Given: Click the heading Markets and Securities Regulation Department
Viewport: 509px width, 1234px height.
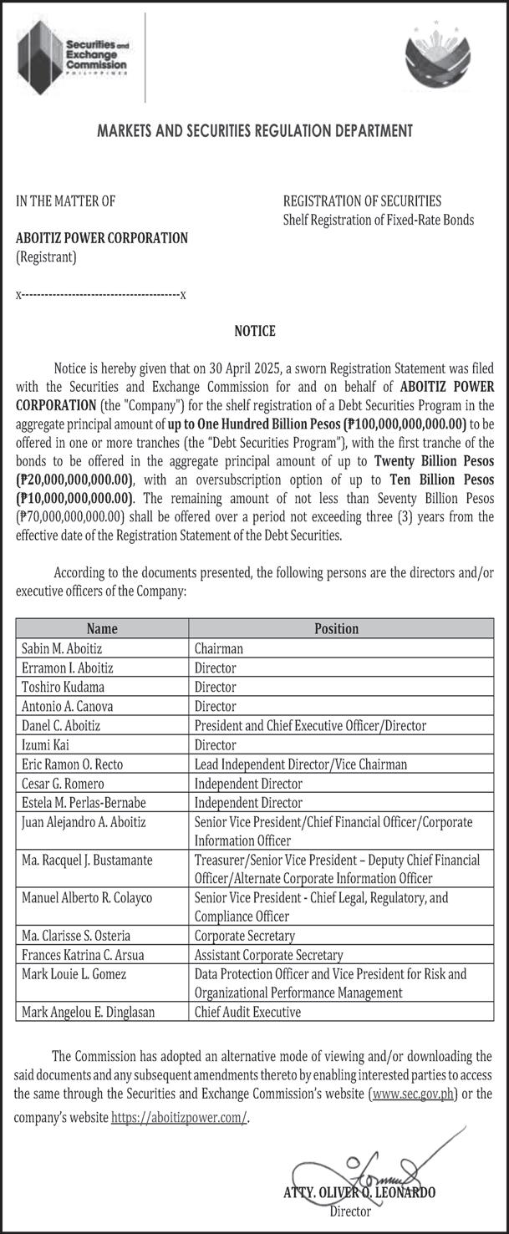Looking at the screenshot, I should coord(255,130).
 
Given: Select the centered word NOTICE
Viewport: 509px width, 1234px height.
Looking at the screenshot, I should coord(255,331).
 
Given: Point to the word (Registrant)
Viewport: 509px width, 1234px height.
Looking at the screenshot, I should coord(46,257).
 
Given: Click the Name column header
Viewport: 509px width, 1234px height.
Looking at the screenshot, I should coord(102,628).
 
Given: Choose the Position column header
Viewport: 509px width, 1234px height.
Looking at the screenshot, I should coord(336,628).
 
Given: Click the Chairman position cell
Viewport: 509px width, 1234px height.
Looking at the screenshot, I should coord(219,648).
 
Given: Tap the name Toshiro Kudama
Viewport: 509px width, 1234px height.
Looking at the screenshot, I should coord(63,687).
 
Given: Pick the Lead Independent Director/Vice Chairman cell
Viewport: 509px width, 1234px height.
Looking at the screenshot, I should coord(301,764).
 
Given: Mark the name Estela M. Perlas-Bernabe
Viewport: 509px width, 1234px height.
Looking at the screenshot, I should coord(84,803).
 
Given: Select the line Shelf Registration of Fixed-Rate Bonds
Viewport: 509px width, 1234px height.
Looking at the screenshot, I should coord(379,220).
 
